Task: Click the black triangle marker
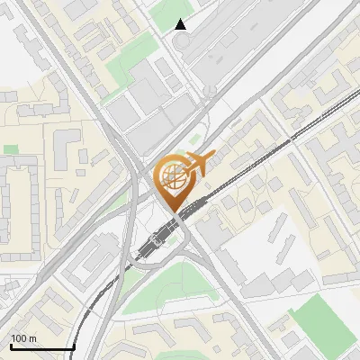(181, 24)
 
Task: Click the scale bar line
(41, 347)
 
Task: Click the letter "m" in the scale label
(31, 338)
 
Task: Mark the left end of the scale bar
(10, 347)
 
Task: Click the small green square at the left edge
(11, 149)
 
